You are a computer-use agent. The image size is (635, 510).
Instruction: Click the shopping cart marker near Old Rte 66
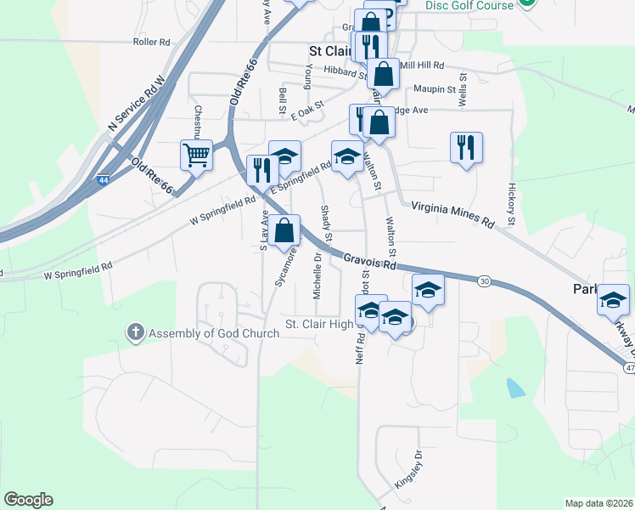196,156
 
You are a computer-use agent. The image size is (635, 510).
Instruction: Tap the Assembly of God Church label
214,333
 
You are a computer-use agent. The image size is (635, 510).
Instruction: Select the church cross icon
136,333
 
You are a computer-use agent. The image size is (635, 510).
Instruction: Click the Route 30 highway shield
484,280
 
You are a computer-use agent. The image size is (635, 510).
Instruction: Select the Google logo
29,500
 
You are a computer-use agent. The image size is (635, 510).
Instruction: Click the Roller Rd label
152,41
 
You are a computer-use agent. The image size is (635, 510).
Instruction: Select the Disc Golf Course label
469,6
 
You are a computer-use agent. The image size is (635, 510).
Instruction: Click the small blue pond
514,389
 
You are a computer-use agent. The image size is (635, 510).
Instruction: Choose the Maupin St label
436,88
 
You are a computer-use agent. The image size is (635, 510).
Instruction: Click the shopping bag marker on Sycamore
284,230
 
